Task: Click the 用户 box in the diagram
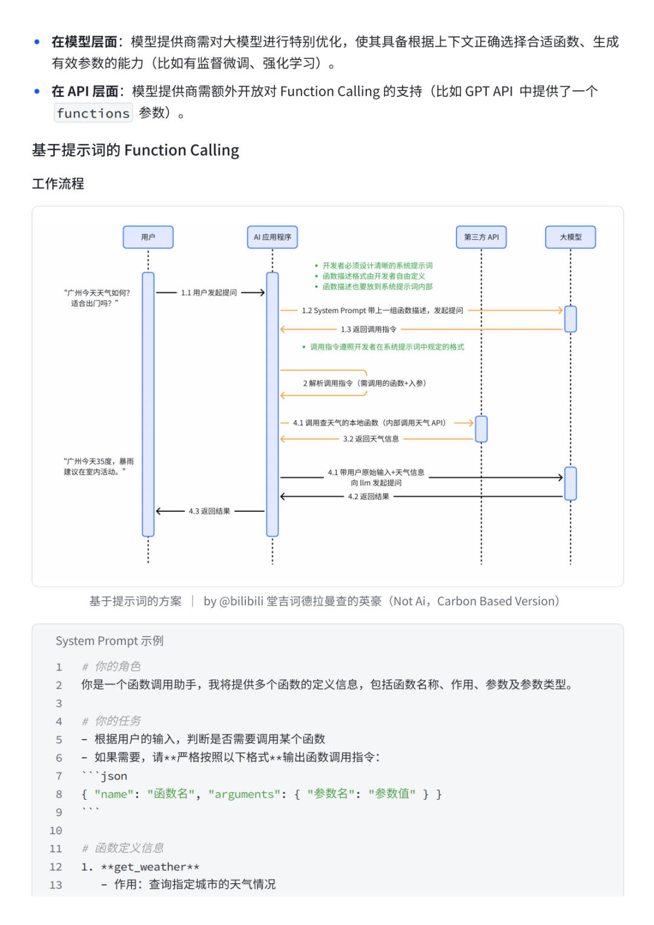point(148,237)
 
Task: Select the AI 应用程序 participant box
point(272,237)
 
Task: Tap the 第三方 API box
point(481,237)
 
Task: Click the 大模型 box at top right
point(570,237)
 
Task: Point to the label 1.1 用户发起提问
point(209,293)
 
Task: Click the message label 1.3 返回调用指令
point(368,330)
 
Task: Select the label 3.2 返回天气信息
point(371,439)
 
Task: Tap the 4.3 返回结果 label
point(210,511)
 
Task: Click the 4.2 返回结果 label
point(368,497)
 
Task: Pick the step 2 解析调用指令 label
point(365,383)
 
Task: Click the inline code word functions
point(93,113)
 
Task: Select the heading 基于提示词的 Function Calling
point(136,150)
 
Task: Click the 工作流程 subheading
point(58,184)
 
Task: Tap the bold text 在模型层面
point(84,42)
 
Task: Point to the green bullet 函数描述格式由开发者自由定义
point(373,276)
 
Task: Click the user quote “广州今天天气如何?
point(97,293)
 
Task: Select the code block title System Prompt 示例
point(110,641)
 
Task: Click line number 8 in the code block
point(59,794)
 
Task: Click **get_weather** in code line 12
point(150,867)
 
